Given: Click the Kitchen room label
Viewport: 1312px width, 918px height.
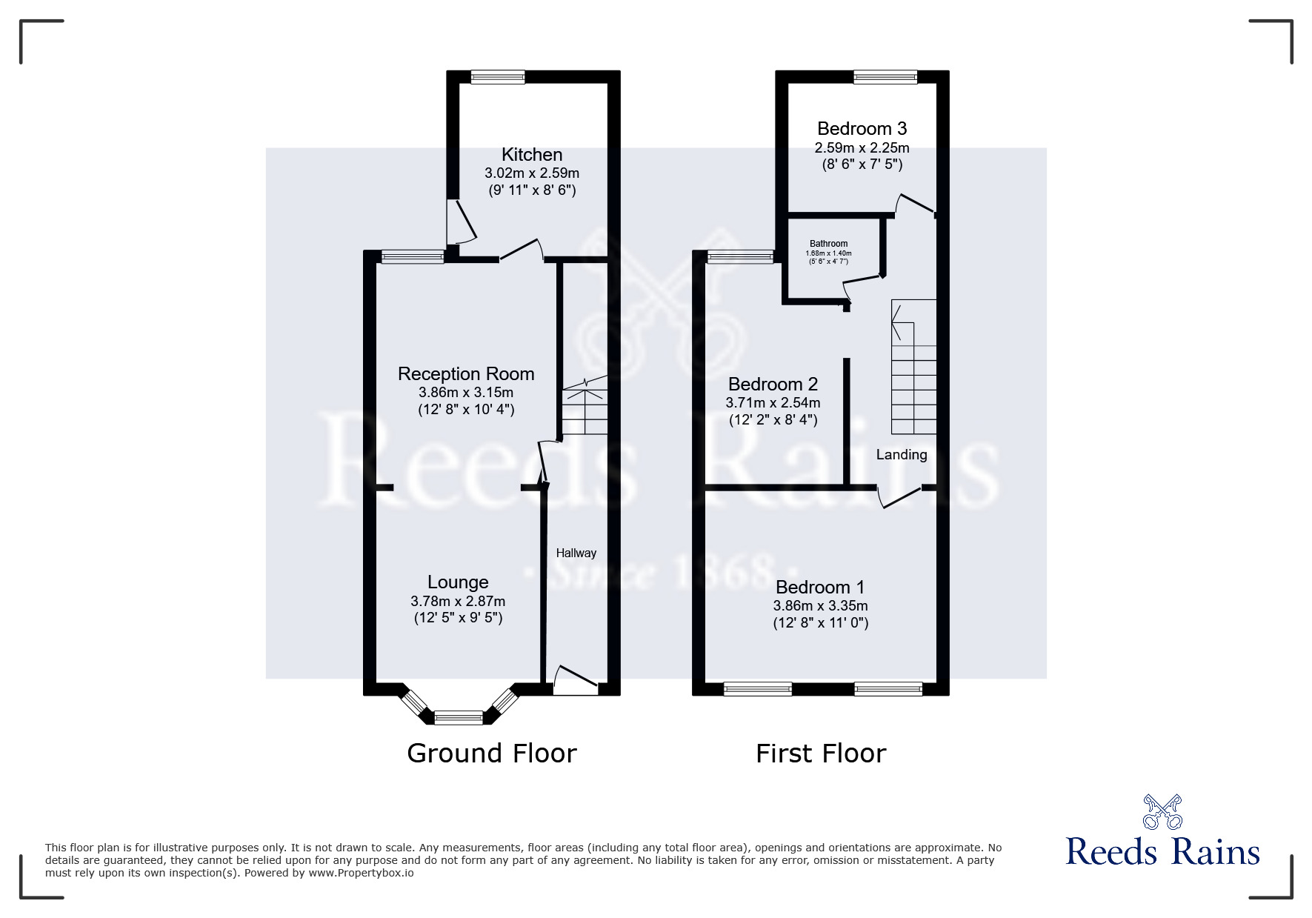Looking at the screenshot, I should click(532, 155).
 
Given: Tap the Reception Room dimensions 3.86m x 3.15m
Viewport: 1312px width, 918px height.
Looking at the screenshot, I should click(466, 393).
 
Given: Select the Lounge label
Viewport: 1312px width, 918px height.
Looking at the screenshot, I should click(458, 582).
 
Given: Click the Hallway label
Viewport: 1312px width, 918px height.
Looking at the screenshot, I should click(576, 553).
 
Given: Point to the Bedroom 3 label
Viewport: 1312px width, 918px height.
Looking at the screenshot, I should click(862, 129).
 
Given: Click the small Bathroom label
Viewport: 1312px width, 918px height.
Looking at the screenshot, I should click(828, 244).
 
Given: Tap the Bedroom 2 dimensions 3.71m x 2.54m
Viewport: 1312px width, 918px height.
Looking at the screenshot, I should click(773, 403).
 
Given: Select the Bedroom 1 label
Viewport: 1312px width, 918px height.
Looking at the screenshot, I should click(820, 588).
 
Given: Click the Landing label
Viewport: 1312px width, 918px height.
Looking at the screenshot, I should click(901, 455).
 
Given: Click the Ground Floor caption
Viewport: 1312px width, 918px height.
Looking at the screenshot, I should click(492, 754).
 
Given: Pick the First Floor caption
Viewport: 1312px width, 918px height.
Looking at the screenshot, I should click(821, 754).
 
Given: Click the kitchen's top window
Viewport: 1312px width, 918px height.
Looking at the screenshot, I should click(498, 77).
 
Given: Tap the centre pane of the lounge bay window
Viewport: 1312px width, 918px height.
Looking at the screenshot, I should click(458, 717).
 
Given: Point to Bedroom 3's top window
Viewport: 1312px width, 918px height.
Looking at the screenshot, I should click(885, 77).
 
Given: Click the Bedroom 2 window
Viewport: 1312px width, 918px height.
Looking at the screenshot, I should click(740, 257).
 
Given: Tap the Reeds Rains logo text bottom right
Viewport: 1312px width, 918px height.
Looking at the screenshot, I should click(1162, 852).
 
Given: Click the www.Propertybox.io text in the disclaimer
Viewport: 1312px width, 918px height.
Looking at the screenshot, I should click(361, 873).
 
